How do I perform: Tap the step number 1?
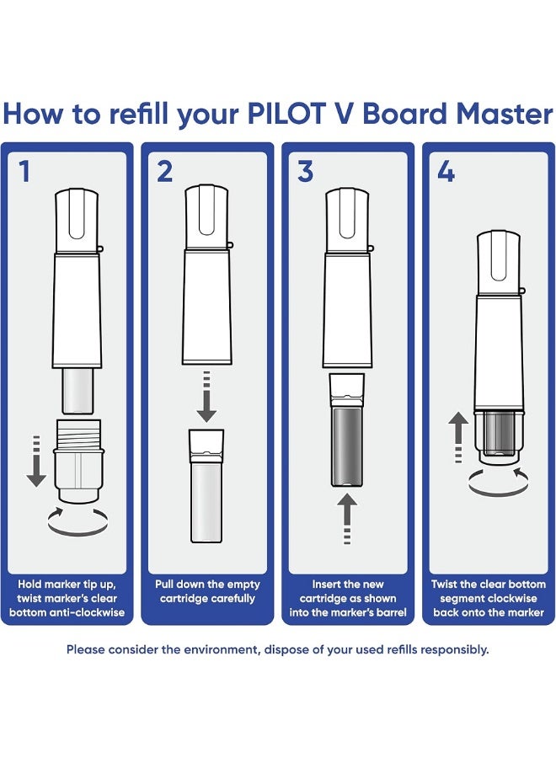tap(24, 172)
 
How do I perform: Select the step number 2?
tap(164, 172)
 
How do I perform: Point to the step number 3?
tap(305, 172)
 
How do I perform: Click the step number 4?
tap(446, 172)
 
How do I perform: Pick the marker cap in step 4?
tap(500, 260)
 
